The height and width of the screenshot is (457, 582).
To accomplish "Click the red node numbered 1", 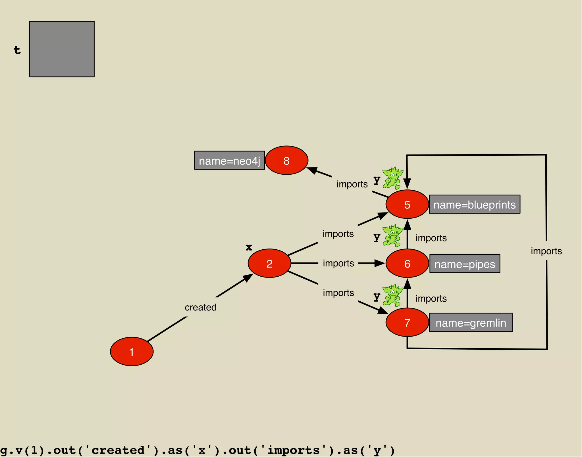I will [x=132, y=352].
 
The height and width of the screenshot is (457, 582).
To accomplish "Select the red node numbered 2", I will [x=269, y=263].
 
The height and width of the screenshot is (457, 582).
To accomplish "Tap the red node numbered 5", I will [x=407, y=204].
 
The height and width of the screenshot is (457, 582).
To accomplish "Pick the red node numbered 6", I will [x=407, y=263].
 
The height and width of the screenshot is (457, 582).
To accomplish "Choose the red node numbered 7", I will [x=407, y=322].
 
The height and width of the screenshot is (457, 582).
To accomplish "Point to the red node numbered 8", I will [x=286, y=160].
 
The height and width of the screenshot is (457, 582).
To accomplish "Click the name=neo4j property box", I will [x=230, y=160].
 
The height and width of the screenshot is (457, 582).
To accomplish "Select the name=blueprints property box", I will [x=475, y=204].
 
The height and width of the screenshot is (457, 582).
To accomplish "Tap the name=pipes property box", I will [x=465, y=264].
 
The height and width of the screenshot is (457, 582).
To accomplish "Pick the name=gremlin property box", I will [x=471, y=322].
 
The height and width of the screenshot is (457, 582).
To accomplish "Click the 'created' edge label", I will [x=201, y=307].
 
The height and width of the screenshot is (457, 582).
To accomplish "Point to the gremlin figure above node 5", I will [x=392, y=178].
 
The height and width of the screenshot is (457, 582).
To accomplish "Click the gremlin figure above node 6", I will [x=392, y=235].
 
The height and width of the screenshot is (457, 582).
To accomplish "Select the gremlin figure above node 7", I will [x=392, y=295].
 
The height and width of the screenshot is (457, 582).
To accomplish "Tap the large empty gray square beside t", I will [x=62, y=49].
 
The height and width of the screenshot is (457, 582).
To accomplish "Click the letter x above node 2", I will [x=249, y=247].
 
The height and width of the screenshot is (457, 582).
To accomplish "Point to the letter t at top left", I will [x=17, y=50].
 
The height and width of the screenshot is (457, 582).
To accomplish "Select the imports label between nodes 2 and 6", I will [x=338, y=263].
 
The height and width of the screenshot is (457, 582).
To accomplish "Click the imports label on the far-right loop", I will [x=546, y=251].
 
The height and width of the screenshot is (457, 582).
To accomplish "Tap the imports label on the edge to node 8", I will [x=352, y=184].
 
